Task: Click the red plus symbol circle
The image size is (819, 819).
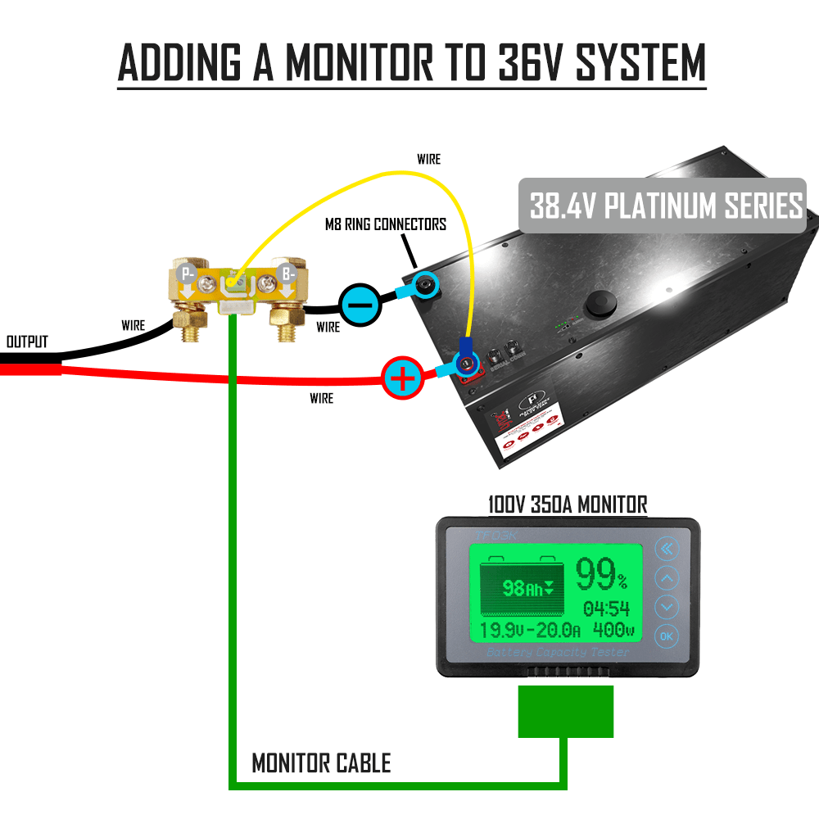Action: (402, 378)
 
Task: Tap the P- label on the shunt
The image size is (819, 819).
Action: (188, 274)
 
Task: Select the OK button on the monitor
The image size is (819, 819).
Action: (667, 636)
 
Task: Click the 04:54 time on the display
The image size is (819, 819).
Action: (607, 609)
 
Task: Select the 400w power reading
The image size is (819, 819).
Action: (613, 631)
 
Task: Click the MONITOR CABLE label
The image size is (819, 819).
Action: (321, 764)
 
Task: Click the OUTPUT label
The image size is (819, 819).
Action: (27, 341)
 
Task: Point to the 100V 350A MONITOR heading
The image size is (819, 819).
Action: (567, 504)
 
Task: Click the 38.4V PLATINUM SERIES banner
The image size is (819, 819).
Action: (666, 206)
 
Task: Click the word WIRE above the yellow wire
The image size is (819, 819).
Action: (428, 159)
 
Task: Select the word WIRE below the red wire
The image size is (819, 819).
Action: (322, 398)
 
